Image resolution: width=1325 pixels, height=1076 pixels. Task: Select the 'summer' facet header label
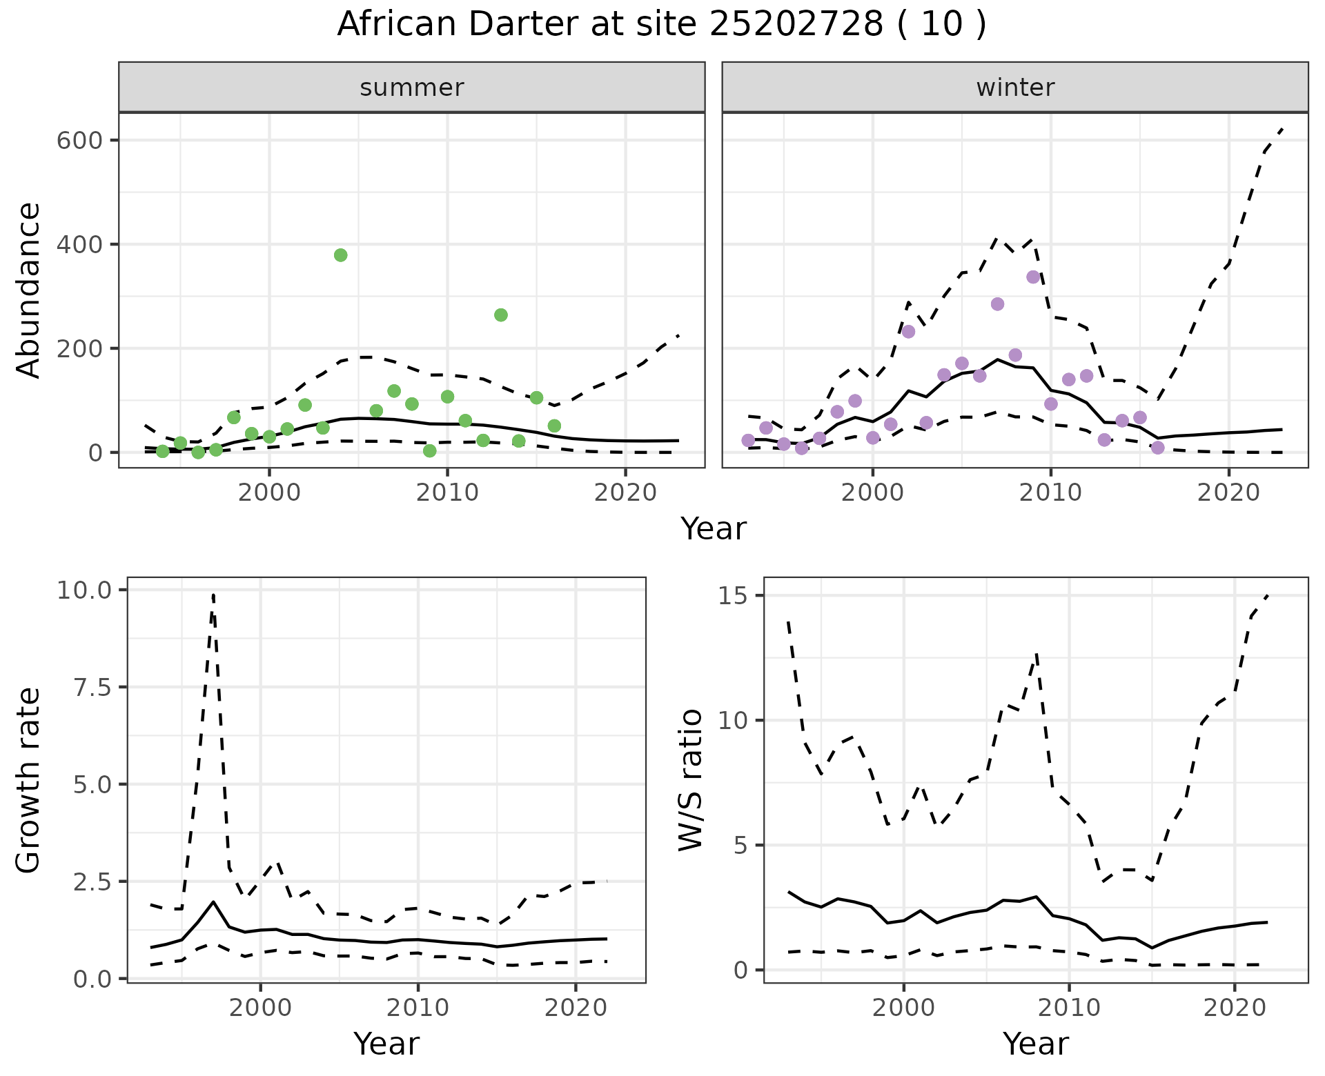(x=412, y=88)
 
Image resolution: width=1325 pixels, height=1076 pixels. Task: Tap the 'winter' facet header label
(x=1015, y=88)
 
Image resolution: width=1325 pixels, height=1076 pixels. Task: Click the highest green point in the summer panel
(x=340, y=255)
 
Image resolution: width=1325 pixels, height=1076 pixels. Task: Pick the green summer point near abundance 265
(x=501, y=315)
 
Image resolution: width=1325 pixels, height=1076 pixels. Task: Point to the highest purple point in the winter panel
(x=1033, y=277)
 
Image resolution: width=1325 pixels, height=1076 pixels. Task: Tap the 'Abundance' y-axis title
(x=29, y=290)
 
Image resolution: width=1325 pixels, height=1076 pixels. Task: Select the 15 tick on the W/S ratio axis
(x=735, y=596)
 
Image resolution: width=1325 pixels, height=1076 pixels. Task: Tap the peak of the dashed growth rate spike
(x=213, y=595)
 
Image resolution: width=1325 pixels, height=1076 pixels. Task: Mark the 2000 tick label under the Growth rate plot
(x=260, y=1008)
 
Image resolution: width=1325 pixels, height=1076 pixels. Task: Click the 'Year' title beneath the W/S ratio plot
(x=1035, y=1044)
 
